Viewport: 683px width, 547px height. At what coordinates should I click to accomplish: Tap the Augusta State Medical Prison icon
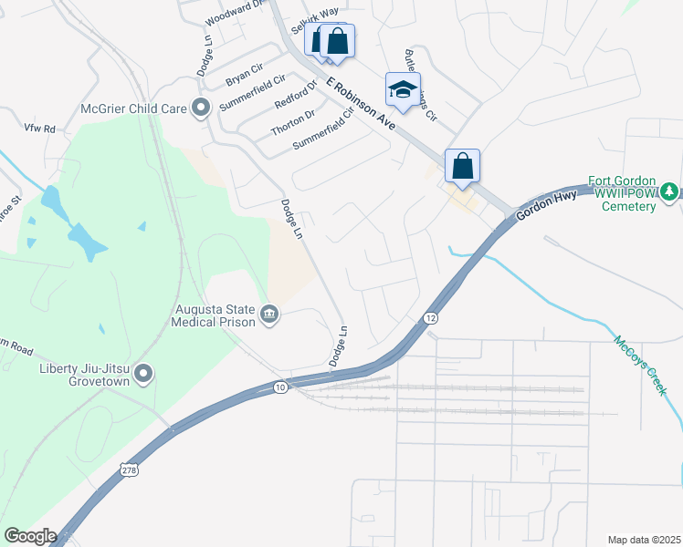269,315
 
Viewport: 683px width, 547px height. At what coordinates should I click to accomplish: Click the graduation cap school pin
403,89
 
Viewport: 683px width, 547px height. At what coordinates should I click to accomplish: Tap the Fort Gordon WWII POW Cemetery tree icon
669,191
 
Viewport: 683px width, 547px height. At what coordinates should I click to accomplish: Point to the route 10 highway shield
278,388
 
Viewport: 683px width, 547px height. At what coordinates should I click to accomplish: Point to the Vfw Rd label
40,129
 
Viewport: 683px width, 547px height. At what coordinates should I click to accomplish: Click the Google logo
29,536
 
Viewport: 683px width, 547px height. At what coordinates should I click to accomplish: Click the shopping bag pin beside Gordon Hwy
463,167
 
